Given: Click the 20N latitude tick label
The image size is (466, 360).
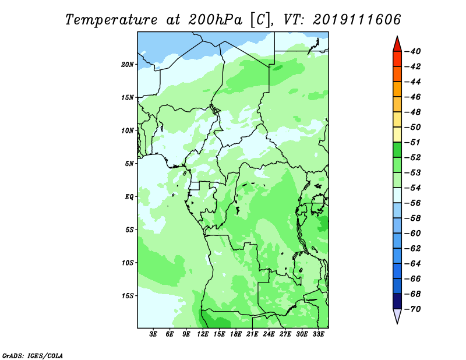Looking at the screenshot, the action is pyautogui.click(x=128, y=65).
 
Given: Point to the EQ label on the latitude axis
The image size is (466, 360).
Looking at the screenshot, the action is pyautogui.click(x=129, y=197).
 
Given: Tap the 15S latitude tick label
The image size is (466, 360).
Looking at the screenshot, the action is pyautogui.click(x=128, y=296).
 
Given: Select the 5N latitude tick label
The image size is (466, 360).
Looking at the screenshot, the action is pyautogui.click(x=129, y=164).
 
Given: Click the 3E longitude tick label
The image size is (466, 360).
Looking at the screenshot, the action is pyautogui.click(x=153, y=334).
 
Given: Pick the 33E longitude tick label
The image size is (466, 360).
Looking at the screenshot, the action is pyautogui.click(x=318, y=334).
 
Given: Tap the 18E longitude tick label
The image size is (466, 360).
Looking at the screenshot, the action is pyautogui.click(x=236, y=334).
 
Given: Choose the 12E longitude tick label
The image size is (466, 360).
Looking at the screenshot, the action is pyautogui.click(x=203, y=334).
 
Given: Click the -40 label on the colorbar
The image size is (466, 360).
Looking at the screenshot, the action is pyautogui.click(x=413, y=51).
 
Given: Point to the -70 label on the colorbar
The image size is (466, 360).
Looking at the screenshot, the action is pyautogui.click(x=413, y=309).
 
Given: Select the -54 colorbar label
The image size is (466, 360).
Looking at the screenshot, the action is pyautogui.click(x=413, y=188).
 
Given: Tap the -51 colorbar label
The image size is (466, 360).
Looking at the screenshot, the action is pyautogui.click(x=413, y=142).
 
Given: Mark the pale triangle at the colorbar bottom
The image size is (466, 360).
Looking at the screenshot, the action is pyautogui.click(x=397, y=315).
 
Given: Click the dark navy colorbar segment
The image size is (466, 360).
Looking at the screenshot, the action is pyautogui.click(x=397, y=301).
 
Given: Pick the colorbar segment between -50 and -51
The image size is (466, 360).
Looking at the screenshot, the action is pyautogui.click(x=397, y=135).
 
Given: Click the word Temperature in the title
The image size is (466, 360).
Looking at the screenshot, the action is pyautogui.click(x=111, y=20).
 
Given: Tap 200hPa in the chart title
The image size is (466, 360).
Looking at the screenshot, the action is pyautogui.click(x=215, y=20).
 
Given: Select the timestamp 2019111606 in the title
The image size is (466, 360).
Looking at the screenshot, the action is pyautogui.click(x=357, y=19).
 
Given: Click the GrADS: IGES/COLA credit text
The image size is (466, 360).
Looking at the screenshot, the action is pyautogui.click(x=33, y=355).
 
